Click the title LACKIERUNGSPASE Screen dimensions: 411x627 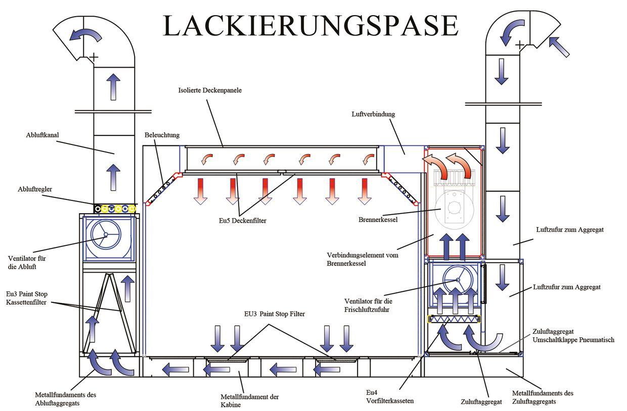click(x=310, y=25)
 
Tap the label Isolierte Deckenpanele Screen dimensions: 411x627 click(x=210, y=91)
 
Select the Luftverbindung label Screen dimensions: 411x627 click(x=373, y=114)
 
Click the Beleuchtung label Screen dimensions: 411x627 click(x=162, y=135)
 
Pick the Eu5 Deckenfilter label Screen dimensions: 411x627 click(x=239, y=220)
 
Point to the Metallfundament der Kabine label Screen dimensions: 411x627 click(x=250, y=400)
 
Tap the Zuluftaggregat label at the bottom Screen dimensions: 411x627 click(x=481, y=402)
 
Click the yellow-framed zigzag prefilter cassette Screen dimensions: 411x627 click(x=455, y=319)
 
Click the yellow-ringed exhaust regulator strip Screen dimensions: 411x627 click(x=115, y=208)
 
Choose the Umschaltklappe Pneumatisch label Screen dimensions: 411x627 click(x=573, y=340)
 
